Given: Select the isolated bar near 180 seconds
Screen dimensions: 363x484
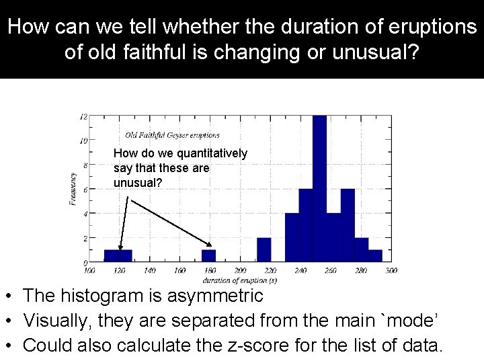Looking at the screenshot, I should pos(209,255).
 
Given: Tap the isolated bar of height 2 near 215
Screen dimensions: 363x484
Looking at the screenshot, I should pos(264,249).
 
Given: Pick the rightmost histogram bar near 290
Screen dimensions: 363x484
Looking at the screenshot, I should pos(375,255).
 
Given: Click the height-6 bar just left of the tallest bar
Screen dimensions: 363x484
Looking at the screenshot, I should pos(306,225).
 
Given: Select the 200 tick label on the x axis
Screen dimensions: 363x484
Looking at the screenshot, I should pos(240,270).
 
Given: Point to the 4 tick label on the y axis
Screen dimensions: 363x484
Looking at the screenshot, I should pos(84,214).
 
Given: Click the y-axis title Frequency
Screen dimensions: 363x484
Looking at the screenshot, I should pos(73,189).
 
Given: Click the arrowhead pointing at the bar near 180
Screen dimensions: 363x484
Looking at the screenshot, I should pos(211,246).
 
